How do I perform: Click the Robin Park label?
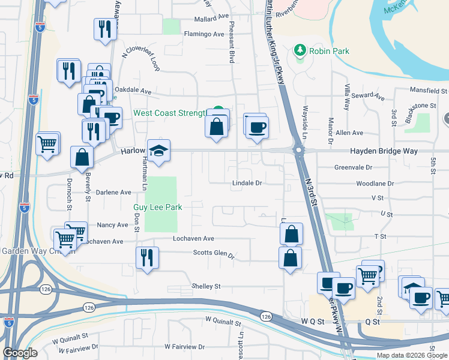coord(329,51)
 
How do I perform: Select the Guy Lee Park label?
coord(158,207)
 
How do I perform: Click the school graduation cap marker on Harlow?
coord(160,150)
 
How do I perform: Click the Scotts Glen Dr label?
coord(214,253)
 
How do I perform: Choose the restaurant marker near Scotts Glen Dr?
coord(147,257)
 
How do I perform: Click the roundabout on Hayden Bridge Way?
coord(298,149)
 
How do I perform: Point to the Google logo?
coord(20,353)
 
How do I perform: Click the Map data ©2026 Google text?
coord(411,355)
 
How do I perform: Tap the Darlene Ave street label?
coord(113,193)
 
